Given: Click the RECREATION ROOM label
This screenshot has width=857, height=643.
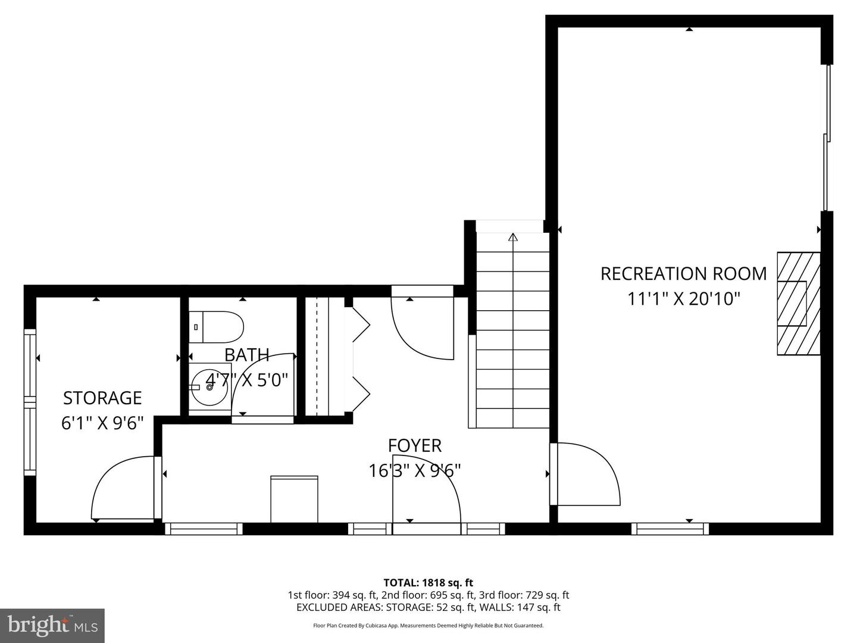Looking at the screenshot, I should coord(683,273).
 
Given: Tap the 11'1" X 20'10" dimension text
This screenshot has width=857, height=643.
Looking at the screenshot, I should coord(683,298).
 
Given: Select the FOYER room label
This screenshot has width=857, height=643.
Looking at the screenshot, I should coord(415,445).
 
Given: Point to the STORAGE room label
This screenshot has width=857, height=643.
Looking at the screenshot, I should coord(102,397).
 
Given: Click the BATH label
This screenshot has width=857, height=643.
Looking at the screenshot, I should coord(246,355).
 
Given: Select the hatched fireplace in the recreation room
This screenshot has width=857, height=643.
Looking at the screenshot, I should coord(798,304).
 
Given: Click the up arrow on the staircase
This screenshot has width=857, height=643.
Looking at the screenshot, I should coord(513,237).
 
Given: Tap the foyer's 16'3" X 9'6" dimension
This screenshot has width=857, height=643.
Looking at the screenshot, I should coord(415,470).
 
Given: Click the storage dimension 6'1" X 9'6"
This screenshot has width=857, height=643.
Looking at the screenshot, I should coord(102,423).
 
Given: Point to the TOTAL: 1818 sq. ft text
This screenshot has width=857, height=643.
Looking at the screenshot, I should coord(428,583).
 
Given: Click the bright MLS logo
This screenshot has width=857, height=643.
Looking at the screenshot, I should coord(52,626).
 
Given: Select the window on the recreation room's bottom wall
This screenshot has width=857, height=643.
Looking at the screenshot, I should coord(670,528).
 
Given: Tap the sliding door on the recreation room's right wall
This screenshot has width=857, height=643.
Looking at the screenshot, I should coord(826,137).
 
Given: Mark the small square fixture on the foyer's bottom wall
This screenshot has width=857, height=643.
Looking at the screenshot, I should coord(294,498).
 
